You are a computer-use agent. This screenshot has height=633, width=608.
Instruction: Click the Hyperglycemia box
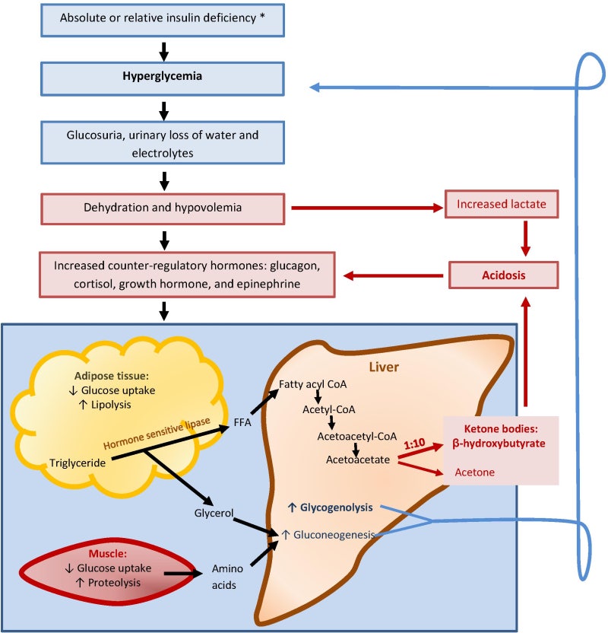coord(163,78)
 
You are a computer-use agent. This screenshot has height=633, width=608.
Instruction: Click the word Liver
coord(384,367)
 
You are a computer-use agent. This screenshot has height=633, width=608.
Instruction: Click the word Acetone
coord(475,472)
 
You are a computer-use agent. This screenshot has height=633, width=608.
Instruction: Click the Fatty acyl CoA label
coord(313,385)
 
